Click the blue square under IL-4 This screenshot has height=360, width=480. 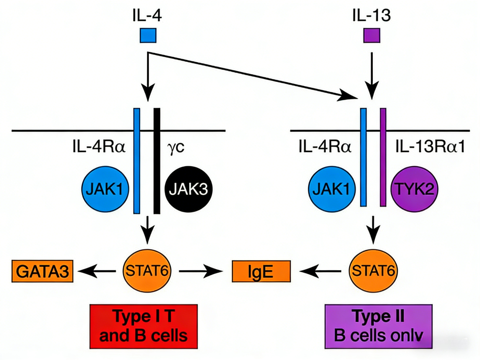[x=148, y=35]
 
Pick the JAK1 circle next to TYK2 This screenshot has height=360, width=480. [x=332, y=190]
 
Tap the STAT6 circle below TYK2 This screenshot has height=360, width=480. [x=373, y=271]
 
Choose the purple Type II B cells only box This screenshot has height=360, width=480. [x=378, y=326]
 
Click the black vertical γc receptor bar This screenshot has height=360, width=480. [x=156, y=160]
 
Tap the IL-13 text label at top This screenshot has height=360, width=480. [x=371, y=17]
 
